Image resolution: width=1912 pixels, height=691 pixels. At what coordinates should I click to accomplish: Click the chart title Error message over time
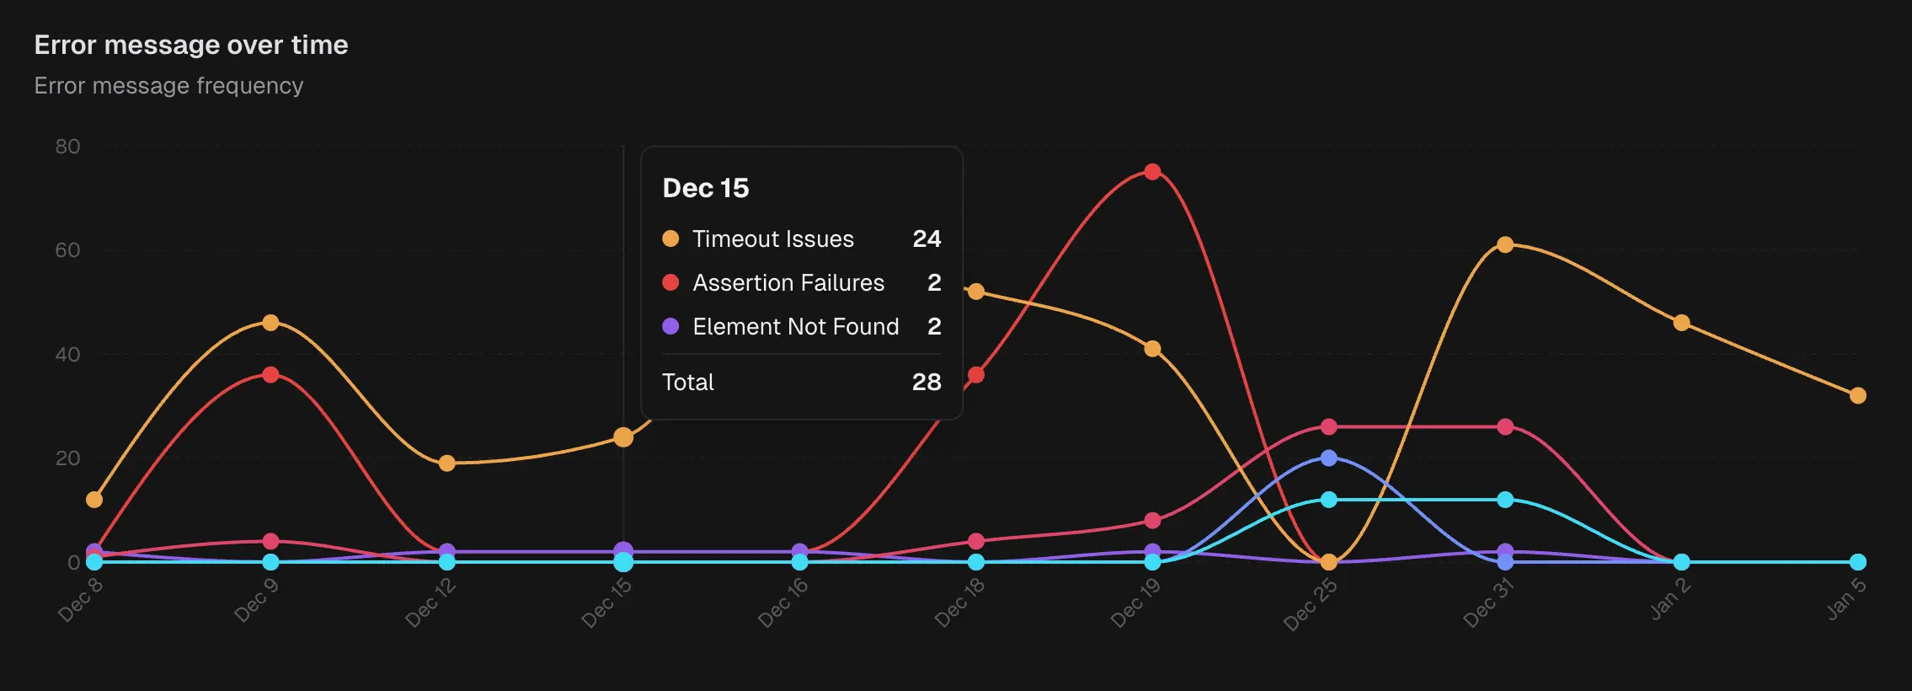pos(191,45)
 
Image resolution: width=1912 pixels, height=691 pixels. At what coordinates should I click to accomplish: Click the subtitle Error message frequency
pos(168,86)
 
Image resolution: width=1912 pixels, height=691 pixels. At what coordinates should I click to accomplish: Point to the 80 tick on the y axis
pos(67,147)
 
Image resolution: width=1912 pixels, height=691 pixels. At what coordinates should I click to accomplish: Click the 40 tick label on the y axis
pos(67,355)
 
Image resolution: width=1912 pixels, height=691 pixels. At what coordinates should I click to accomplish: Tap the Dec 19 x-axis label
pos(1135,603)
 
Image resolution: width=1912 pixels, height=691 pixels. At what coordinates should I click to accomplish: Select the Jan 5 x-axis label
pos(1846,599)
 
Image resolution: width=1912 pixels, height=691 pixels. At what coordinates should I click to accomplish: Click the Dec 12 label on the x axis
pos(430,603)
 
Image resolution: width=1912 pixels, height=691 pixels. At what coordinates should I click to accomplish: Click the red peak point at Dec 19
pos(1152,172)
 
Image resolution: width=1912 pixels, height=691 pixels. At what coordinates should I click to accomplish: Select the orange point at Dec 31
pos(1505,245)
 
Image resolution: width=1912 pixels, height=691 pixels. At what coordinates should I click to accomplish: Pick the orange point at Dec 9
pos(270,323)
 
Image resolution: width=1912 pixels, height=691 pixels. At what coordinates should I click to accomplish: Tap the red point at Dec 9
pos(270,375)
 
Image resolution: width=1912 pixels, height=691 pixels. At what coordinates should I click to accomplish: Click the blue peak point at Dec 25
pos(1328,458)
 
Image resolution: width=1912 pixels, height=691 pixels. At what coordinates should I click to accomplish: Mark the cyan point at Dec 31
pos(1505,500)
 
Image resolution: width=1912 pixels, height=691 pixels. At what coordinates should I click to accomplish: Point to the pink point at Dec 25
pos(1328,427)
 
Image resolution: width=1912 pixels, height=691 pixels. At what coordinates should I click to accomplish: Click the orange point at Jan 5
pos(1858,396)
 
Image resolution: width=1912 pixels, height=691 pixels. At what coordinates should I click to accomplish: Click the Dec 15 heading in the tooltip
pos(705,188)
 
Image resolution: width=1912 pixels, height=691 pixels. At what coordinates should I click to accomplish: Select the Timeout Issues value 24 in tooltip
pos(927,239)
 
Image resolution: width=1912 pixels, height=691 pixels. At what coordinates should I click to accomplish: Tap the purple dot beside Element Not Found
pos(670,326)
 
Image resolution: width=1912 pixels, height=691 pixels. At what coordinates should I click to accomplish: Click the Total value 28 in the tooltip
pos(927,383)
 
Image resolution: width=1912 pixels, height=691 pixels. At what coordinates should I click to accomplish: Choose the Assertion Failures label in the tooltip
pos(788,283)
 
